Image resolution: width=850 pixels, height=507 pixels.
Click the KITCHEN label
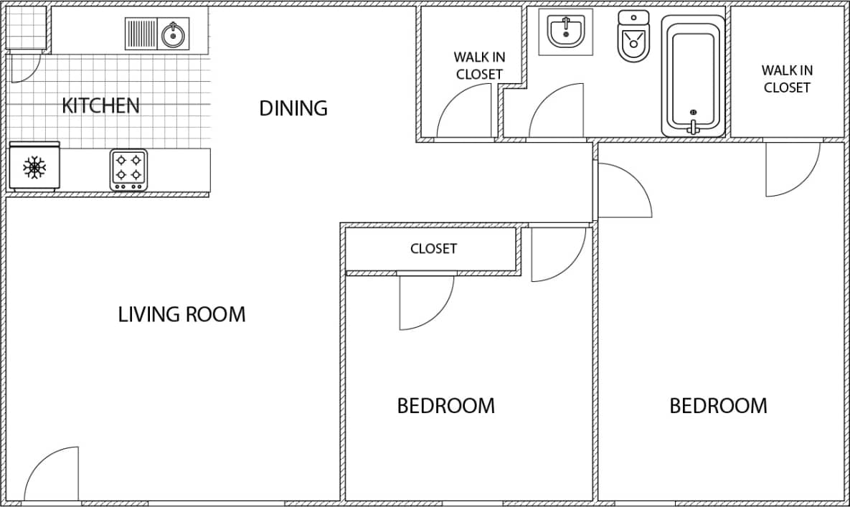100,105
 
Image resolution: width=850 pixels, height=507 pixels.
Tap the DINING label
293,108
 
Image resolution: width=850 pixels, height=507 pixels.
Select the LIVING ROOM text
181,314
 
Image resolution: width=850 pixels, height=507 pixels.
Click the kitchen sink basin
173,34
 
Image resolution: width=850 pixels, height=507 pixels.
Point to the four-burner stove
128,169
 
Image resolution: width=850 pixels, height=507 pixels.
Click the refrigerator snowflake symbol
34,168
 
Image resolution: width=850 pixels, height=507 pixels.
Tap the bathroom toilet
633,36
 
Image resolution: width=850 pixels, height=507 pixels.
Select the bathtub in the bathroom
693,75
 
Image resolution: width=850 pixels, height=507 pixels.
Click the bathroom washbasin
566,32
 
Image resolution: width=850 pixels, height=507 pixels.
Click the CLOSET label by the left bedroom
433,249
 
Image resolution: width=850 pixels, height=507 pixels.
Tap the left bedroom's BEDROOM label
445,406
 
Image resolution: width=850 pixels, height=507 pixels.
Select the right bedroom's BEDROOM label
718,406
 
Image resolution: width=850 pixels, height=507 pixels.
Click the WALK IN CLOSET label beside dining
478,65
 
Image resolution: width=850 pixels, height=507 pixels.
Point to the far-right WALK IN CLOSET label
787,79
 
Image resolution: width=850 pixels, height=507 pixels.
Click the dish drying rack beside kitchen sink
141,34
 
